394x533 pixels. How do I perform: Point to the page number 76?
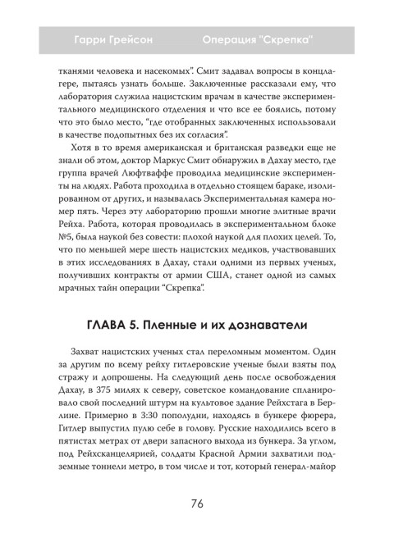[197, 503]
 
